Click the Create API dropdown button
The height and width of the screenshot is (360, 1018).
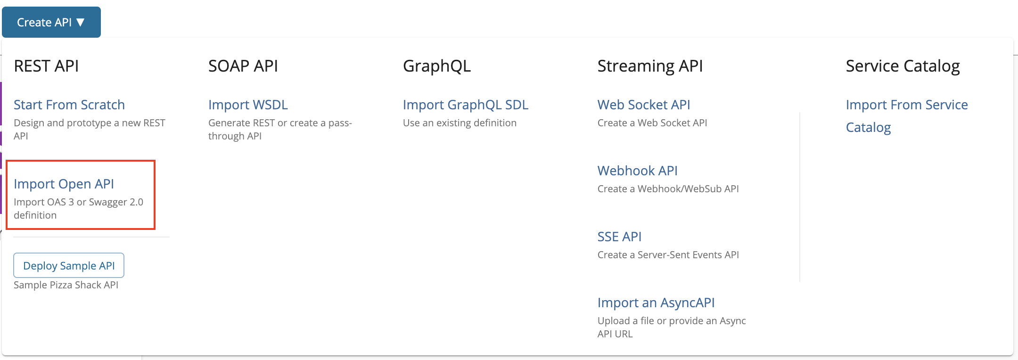tap(51, 22)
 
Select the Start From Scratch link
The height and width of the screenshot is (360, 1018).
tap(69, 105)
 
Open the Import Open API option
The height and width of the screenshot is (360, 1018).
tap(64, 184)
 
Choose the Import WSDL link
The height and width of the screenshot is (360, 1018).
tap(248, 105)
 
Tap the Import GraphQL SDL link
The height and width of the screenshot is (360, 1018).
tap(466, 105)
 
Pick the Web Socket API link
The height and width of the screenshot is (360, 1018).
tap(644, 105)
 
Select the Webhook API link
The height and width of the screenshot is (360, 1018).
tap(638, 171)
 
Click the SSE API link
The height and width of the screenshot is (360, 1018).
tap(619, 237)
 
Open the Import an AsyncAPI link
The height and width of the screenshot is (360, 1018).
tap(656, 303)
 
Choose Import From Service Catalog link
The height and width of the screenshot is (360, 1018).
tap(907, 116)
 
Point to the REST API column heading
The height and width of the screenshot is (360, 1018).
tap(46, 66)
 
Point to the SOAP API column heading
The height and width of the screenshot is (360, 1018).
tap(243, 66)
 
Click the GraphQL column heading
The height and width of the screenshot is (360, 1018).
tap(437, 66)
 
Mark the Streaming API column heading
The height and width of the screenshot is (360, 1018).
tap(650, 66)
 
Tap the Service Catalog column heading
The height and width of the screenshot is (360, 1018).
tap(903, 66)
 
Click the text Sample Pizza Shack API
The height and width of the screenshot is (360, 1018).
tap(66, 285)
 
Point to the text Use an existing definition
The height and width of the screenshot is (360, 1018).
tap(460, 123)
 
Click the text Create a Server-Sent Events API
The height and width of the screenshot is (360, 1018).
tap(668, 255)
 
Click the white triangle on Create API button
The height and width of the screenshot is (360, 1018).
tap(81, 22)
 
